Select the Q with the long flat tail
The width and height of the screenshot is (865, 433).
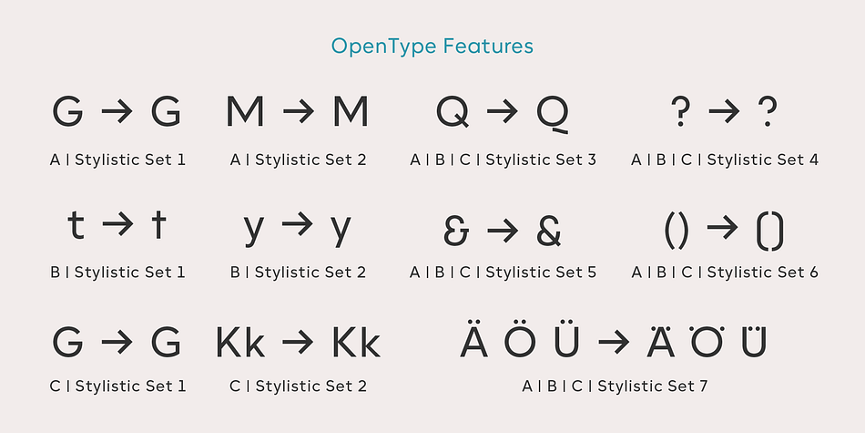point(553,114)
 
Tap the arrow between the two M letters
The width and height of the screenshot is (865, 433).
point(299,112)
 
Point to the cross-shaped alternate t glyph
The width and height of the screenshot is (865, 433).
point(158,224)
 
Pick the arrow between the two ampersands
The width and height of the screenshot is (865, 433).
point(503,232)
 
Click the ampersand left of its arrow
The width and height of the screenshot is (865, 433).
point(456,231)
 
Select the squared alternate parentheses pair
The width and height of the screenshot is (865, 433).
point(769,231)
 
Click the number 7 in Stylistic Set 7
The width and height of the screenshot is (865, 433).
point(703,387)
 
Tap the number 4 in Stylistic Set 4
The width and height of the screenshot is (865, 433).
point(814,160)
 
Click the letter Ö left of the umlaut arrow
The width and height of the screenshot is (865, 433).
point(520,338)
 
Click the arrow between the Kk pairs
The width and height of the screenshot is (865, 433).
point(299,343)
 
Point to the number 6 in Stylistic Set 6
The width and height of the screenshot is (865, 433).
point(813,273)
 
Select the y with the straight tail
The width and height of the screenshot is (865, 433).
point(341,231)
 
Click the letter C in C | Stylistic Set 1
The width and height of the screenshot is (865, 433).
point(56,387)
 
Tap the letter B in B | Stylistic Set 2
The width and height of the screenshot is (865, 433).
point(235,273)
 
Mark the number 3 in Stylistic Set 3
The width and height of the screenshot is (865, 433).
point(591,160)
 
